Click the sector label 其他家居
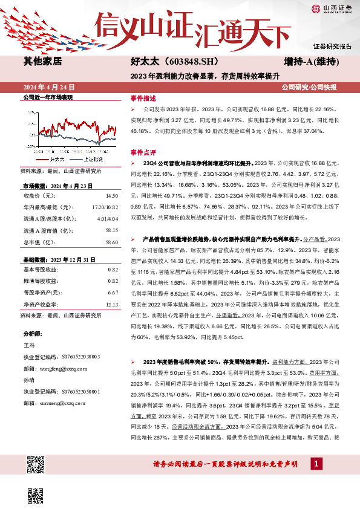point(42,62)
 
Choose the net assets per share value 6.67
point(112,292)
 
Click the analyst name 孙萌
point(29,380)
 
